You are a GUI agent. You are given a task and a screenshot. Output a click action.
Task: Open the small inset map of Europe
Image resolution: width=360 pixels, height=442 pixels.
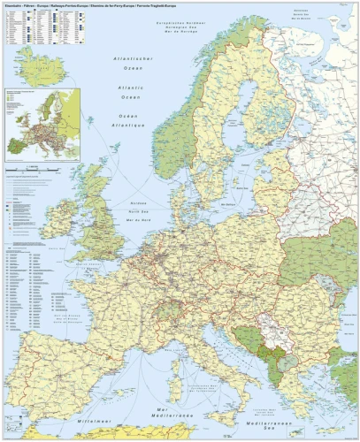pos(42,124)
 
